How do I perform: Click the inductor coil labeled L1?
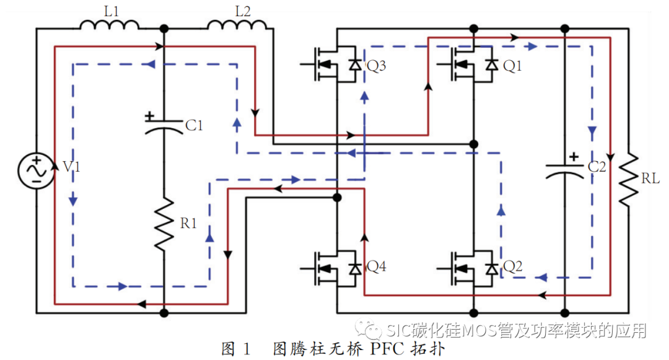coord(109,24)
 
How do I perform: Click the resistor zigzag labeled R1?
coord(165,224)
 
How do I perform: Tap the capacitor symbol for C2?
coord(564,170)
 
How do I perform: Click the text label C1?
coord(195,126)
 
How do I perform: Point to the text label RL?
coord(650,179)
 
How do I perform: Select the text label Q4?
coord(377,266)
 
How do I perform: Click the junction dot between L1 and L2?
coord(164,29)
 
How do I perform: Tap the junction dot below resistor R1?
coord(164,313)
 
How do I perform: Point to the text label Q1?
coord(512,65)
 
